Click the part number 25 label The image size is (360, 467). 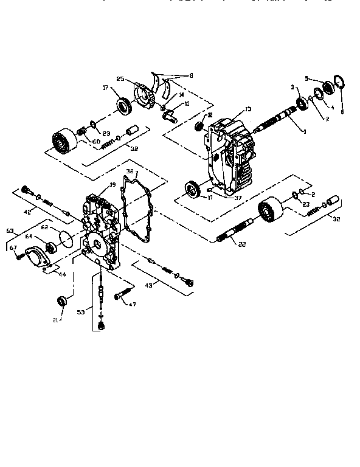click(120, 80)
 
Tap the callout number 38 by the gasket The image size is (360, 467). click(129, 172)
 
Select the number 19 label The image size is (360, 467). click(112, 185)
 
